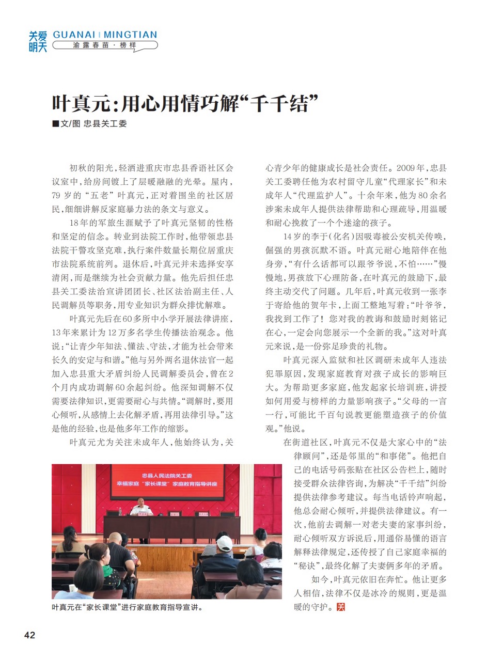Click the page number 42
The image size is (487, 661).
coord(29,635)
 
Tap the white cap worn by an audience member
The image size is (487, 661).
coord(224,543)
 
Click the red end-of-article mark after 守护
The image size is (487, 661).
coord(340,607)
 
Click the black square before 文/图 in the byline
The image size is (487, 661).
coord(55,124)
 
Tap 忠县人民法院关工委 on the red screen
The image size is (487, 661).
coord(167,474)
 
